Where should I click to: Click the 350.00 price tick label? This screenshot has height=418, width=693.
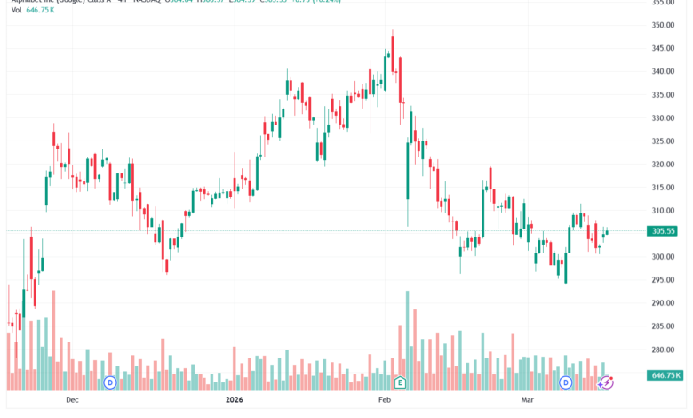click(665, 26)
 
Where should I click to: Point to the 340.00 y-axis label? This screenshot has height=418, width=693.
click(665, 72)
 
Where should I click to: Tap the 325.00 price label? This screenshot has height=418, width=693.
click(665, 141)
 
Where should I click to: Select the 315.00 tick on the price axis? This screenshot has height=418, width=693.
click(665, 188)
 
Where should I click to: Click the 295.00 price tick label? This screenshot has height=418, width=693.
click(665, 280)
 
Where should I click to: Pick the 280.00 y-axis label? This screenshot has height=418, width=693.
click(665, 350)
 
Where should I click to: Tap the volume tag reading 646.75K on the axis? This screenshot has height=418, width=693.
click(666, 376)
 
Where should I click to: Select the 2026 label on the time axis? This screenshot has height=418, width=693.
click(235, 401)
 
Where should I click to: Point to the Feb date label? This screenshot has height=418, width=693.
click(386, 401)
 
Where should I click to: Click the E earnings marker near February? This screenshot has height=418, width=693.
click(401, 382)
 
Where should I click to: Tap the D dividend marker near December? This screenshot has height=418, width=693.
click(110, 382)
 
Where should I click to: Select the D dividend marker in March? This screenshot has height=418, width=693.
click(566, 382)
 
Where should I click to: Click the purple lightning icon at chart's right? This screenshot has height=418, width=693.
click(607, 382)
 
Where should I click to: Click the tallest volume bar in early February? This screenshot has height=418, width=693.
click(407, 338)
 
